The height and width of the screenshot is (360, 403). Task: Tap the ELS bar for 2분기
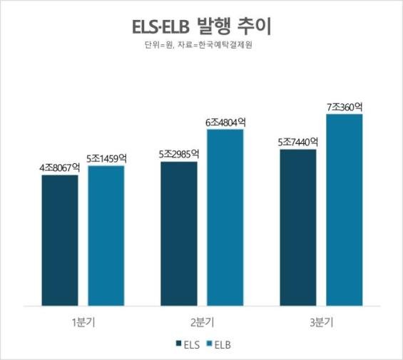pyautogui.click(x=179, y=231)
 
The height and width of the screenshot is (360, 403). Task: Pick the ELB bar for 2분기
pyautogui.click(x=225, y=215)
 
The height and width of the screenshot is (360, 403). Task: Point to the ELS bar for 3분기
pyautogui.click(x=298, y=225)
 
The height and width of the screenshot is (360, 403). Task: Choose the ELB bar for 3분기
pyautogui.click(x=345, y=207)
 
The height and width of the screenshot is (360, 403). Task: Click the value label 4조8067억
pyautogui.click(x=60, y=168)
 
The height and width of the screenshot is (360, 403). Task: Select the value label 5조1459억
pyautogui.click(x=107, y=158)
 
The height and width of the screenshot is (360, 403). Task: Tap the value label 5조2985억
pyautogui.click(x=179, y=154)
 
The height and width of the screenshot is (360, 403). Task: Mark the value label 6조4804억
pyautogui.click(x=226, y=122)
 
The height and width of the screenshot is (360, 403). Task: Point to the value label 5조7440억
pyautogui.click(x=298, y=141)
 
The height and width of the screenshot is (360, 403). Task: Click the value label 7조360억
pyautogui.click(x=345, y=107)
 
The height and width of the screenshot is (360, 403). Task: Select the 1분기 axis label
pyautogui.click(x=83, y=322)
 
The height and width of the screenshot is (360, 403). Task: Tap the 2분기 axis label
pyautogui.click(x=203, y=322)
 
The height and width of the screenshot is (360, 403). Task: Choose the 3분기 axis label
pyautogui.click(x=322, y=322)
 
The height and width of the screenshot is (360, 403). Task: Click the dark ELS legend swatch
pyautogui.click(x=178, y=344)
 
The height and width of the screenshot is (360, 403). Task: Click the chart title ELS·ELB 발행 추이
pyautogui.click(x=202, y=29)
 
